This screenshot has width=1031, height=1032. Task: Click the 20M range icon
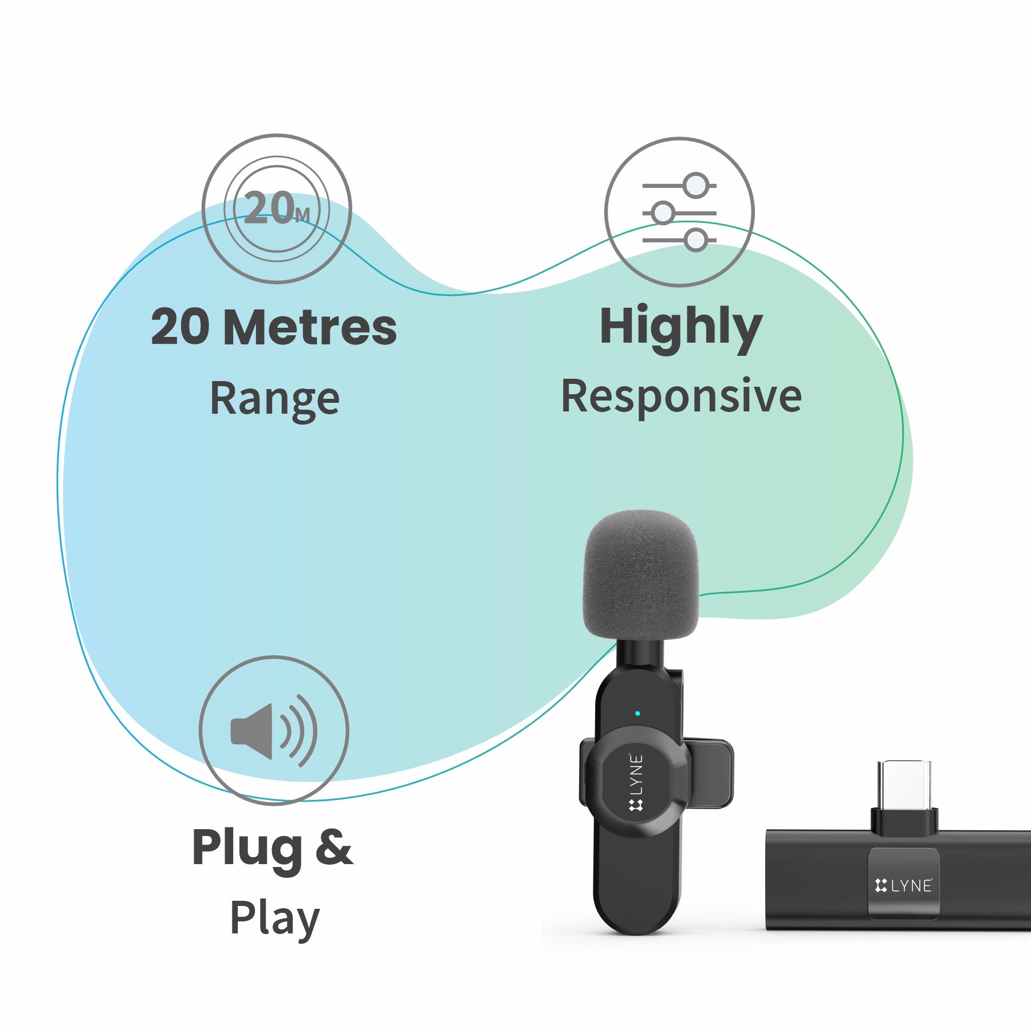click(x=277, y=209)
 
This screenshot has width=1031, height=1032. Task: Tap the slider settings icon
click(x=679, y=212)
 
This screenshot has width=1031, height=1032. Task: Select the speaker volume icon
click(x=273, y=731)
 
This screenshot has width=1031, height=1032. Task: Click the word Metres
click(x=310, y=327)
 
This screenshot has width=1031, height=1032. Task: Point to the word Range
click(x=275, y=399)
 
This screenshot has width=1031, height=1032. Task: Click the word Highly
click(x=680, y=327)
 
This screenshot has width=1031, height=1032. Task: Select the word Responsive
click(x=681, y=397)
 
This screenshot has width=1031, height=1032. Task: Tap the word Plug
click(x=247, y=848)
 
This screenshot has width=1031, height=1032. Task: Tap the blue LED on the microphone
click(x=638, y=713)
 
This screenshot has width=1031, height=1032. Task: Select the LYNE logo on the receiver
click(x=904, y=886)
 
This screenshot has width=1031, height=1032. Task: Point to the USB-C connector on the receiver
click(x=904, y=788)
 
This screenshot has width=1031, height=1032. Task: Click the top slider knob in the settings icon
click(x=696, y=186)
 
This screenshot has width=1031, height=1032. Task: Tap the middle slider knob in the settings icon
click(x=663, y=213)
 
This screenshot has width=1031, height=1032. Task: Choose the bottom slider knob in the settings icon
click(x=696, y=240)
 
